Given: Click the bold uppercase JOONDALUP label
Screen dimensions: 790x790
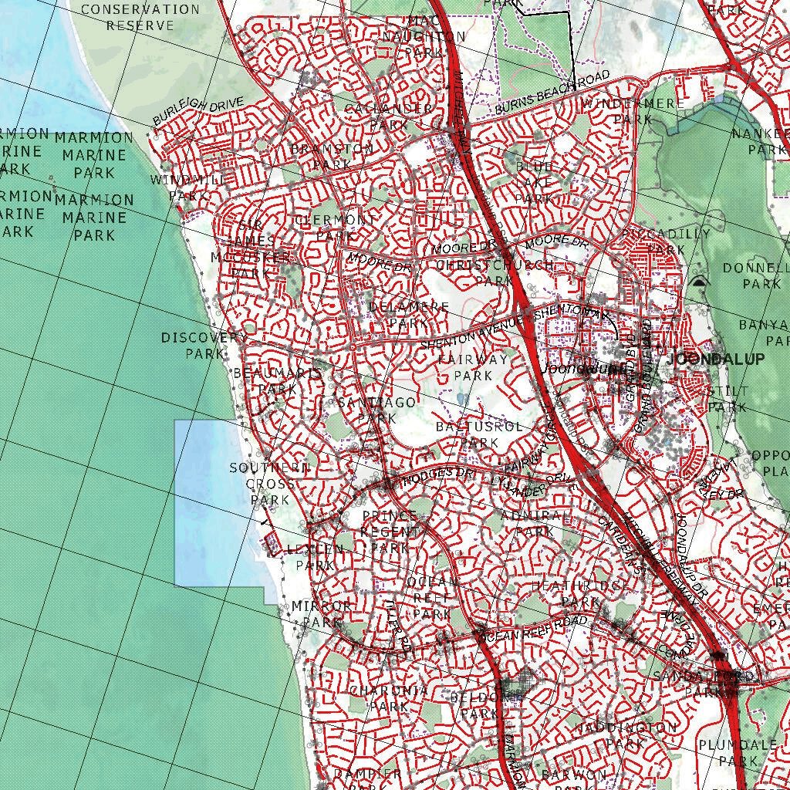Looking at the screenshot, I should click(716, 360).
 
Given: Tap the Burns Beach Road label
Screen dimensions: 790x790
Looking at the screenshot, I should click(552, 93).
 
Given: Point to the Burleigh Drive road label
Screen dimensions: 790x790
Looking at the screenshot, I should click(197, 111).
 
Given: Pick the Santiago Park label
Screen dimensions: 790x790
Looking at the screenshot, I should click(377, 410).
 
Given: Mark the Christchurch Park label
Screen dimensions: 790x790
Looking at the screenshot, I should click(495, 272).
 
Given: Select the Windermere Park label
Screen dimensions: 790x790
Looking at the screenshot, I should click(633, 111).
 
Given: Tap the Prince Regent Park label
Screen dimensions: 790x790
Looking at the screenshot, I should click(390, 532).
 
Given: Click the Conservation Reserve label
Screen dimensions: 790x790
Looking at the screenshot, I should click(140, 17).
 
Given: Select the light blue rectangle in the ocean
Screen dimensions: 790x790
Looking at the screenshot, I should click(208, 501).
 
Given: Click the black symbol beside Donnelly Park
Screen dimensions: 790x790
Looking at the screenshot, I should click(700, 282).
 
